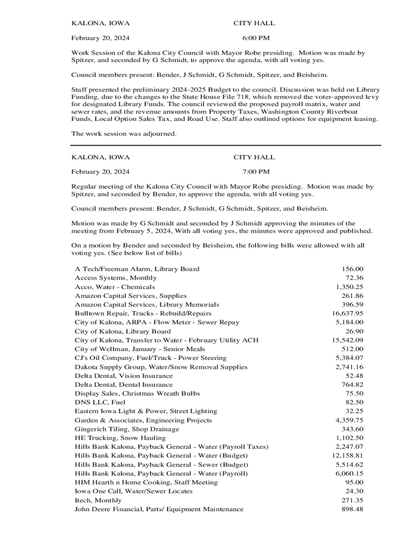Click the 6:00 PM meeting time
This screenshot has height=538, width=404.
(256, 38)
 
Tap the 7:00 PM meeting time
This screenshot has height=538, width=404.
(256, 172)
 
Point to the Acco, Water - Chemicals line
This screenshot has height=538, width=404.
(115, 287)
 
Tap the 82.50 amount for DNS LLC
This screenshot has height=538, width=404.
(354, 402)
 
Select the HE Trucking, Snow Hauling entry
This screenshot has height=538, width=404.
(120, 438)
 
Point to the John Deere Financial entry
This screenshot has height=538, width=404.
(159, 509)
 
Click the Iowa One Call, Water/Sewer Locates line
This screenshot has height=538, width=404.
(134, 491)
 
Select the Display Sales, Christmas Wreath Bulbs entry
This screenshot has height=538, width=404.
(137, 394)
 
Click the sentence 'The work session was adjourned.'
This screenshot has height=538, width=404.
(124, 134)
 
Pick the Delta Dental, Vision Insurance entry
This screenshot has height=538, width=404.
(124, 376)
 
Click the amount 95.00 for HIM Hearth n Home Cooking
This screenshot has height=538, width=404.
(354, 482)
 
